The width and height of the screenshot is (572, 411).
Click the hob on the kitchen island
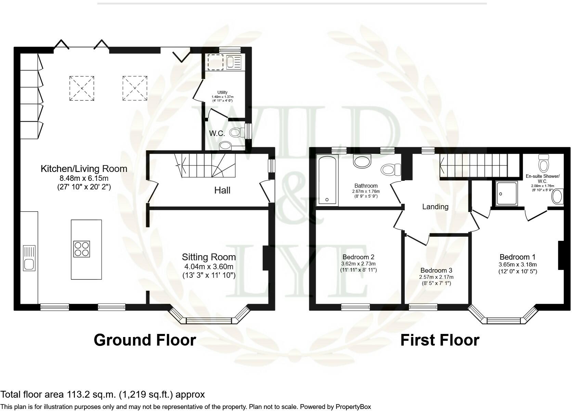pyautogui.click(x=82, y=249)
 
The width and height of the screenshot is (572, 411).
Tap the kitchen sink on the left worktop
pyautogui.click(x=29, y=258)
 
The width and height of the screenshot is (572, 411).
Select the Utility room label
pyautogui.click(x=222, y=92)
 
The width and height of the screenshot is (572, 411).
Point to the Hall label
pyautogui.click(x=222, y=190)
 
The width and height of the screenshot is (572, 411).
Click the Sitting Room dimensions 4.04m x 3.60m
pyautogui.click(x=209, y=266)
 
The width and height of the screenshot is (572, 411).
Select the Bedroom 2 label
pyautogui.click(x=359, y=257)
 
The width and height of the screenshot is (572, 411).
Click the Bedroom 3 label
pyautogui.click(x=437, y=270)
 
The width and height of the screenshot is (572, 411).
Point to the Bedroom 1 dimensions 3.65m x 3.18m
pyautogui.click(x=518, y=264)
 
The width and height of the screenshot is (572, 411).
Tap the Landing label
pyautogui.click(x=435, y=207)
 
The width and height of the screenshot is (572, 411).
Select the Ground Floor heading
pyautogui.click(x=145, y=340)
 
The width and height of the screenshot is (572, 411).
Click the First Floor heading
pyautogui.click(x=440, y=340)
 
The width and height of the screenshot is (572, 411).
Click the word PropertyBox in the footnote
pyautogui.click(x=353, y=407)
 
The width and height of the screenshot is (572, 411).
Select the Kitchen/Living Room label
pyautogui.click(x=84, y=169)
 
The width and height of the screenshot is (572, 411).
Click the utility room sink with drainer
pyautogui.click(x=233, y=62)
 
